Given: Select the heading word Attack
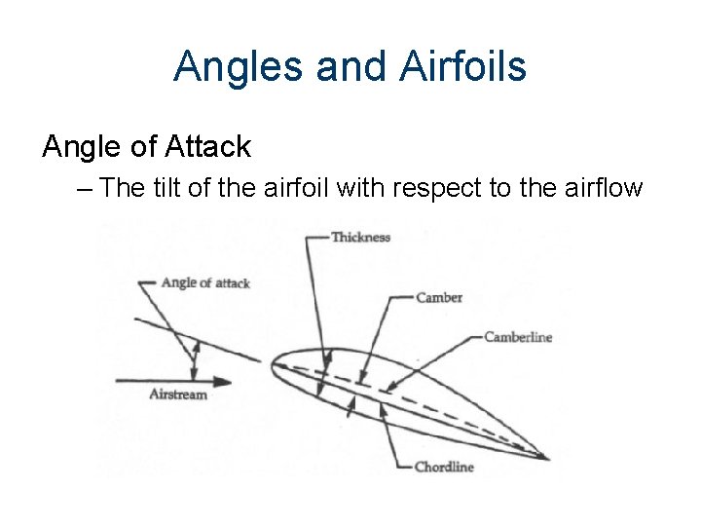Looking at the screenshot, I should pyautogui.click(x=209, y=147).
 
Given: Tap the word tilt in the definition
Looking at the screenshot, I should pyautogui.click(x=170, y=187).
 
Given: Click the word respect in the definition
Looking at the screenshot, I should pyautogui.click(x=424, y=187).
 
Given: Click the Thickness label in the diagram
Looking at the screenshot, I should pyautogui.click(x=360, y=237).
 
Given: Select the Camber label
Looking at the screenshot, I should pyautogui.click(x=439, y=298).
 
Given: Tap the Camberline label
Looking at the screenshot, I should pyautogui.click(x=518, y=337).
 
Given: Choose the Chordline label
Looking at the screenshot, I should pyautogui.click(x=444, y=468).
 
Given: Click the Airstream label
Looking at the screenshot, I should pyautogui.click(x=178, y=394).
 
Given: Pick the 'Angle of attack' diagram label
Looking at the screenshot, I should pyautogui.click(x=205, y=282).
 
